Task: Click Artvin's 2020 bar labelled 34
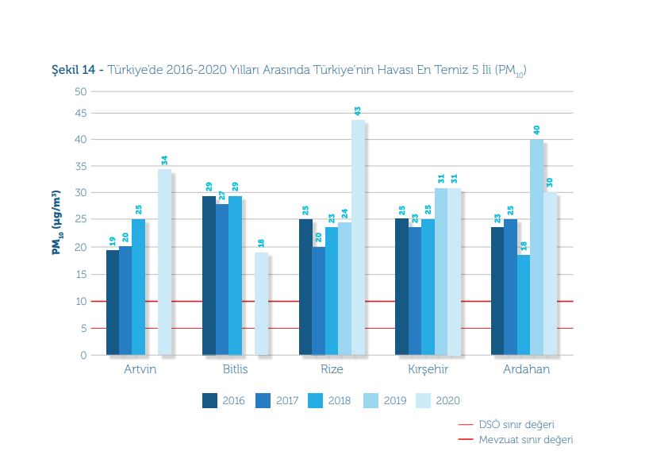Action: pos(164,262)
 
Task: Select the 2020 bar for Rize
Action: pos(358,237)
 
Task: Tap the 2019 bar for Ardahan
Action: pos(537,247)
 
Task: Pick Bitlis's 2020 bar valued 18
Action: pos(261,303)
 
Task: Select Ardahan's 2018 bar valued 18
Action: pos(524,305)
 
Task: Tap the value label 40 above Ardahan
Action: pos(537,129)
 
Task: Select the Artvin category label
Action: pos(140,370)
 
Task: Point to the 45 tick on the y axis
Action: pos(81,113)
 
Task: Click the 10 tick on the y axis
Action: pos(82,302)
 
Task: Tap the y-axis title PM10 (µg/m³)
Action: pos(56,222)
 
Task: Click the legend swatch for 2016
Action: pos(210,400)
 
